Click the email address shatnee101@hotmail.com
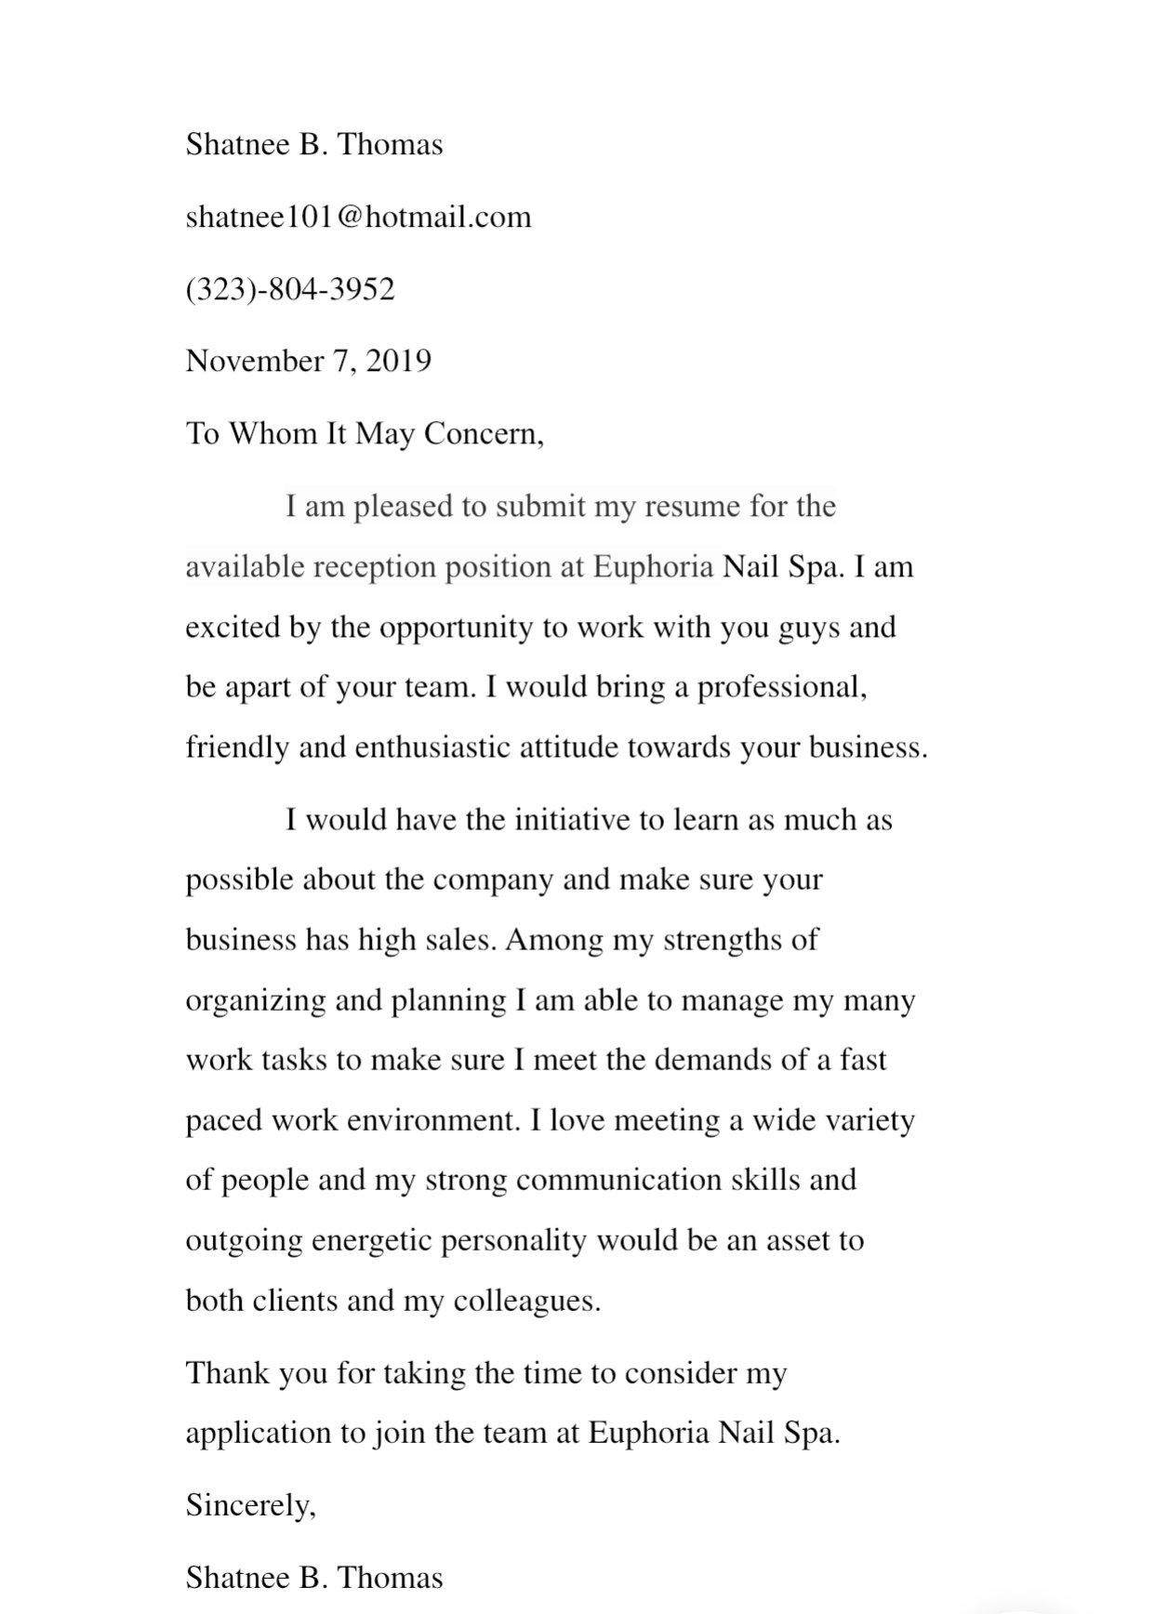click(x=358, y=218)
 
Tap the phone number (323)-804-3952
click(x=290, y=289)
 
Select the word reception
click(x=375, y=567)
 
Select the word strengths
click(x=723, y=941)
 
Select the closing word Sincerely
click(x=249, y=1505)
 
